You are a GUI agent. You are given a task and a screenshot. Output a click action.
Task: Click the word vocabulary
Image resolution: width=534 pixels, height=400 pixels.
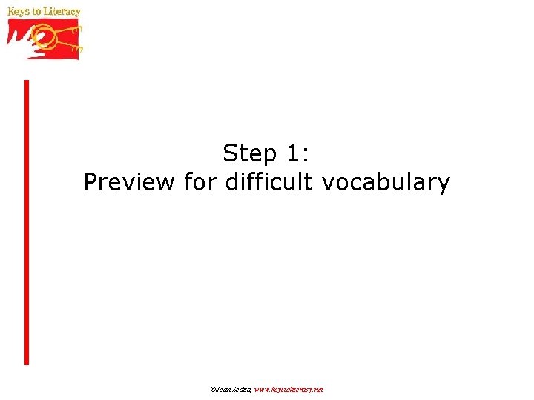click(386, 182)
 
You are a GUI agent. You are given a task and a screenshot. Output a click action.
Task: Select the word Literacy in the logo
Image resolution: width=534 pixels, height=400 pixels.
click(62, 13)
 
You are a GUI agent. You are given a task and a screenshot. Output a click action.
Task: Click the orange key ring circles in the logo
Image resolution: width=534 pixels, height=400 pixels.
click(44, 36)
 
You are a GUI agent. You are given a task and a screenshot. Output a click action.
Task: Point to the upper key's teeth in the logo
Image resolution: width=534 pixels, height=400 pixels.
click(76, 28)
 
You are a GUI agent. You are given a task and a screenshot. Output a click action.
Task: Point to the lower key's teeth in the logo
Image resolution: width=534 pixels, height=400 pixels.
click(77, 47)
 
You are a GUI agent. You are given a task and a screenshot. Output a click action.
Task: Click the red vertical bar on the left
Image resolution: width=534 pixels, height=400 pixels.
click(27, 222)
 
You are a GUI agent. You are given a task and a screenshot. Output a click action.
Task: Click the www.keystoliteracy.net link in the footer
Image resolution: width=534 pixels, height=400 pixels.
click(289, 389)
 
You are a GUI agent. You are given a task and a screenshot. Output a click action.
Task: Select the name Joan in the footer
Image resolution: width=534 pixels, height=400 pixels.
click(223, 389)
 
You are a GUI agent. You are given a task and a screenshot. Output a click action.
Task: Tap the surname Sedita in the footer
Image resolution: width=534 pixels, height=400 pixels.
click(242, 389)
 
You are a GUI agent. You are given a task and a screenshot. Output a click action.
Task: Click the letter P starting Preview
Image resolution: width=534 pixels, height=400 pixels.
click(90, 181)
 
